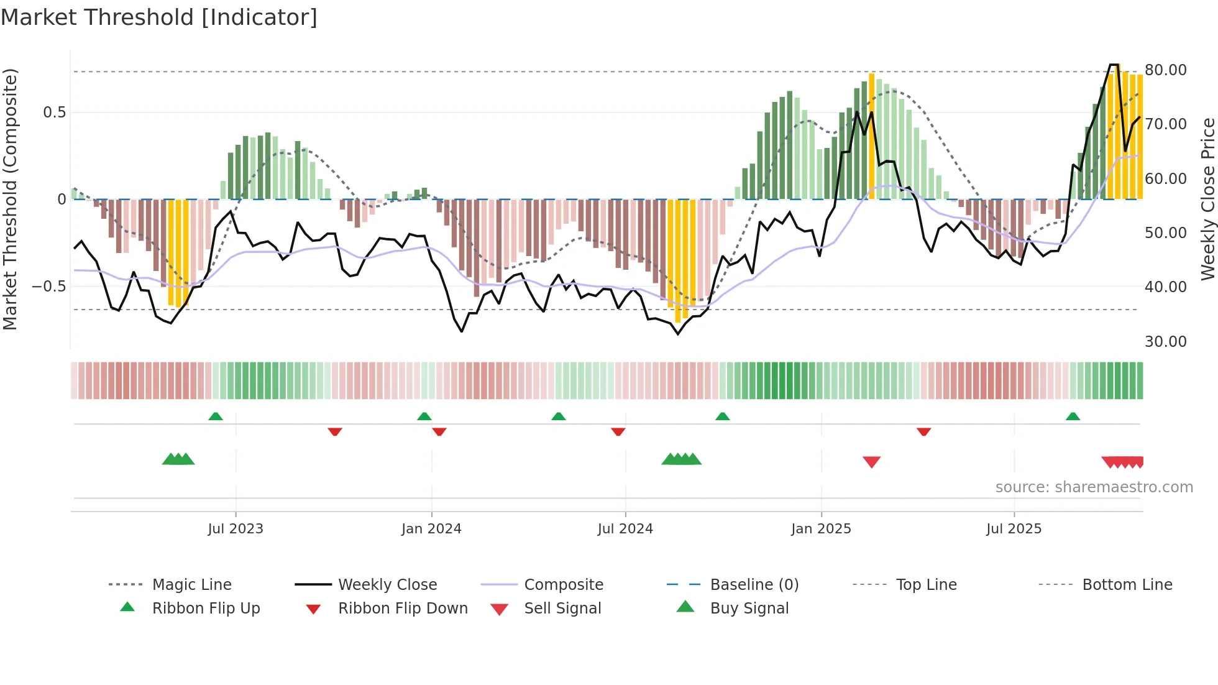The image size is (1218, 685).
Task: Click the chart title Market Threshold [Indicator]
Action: pyautogui.click(x=159, y=17)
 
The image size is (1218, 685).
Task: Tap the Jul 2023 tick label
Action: pyautogui.click(x=236, y=529)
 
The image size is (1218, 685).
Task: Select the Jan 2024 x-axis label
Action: pyautogui.click(x=431, y=529)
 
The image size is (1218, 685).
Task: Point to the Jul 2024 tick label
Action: pyautogui.click(x=625, y=529)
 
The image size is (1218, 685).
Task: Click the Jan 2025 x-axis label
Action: pyautogui.click(x=821, y=529)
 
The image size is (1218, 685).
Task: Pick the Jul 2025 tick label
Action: pyautogui.click(x=1014, y=529)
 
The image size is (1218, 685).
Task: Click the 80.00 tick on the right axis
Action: pyautogui.click(x=1165, y=70)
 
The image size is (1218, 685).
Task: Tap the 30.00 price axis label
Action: pyautogui.click(x=1165, y=341)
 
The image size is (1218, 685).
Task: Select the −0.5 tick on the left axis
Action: pyautogui.click(x=48, y=287)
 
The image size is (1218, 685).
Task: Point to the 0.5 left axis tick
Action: pyautogui.click(x=54, y=113)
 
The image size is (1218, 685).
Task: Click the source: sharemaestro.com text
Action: pyautogui.click(x=1094, y=487)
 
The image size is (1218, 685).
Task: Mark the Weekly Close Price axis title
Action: pyautogui.click(x=1207, y=199)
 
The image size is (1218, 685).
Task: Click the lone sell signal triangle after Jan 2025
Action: pyautogui.click(x=871, y=462)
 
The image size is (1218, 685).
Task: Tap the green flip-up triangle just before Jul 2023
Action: pyautogui.click(x=216, y=416)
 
